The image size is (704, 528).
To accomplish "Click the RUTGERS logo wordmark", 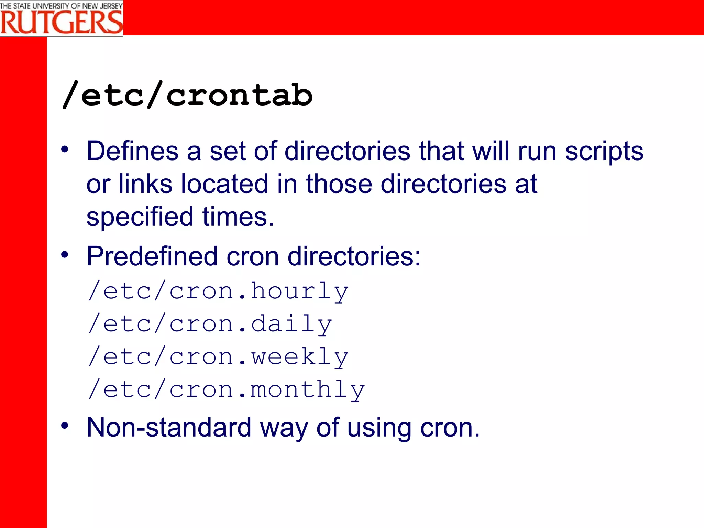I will pyautogui.click(x=61, y=22).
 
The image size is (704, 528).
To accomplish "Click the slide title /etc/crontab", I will pyautogui.click(x=187, y=95).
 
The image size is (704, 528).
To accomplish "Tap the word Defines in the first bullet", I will pyautogui.click(x=132, y=151).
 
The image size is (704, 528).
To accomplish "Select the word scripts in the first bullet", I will pyautogui.click(x=604, y=151).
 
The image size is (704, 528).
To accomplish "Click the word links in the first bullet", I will pyautogui.click(x=145, y=184).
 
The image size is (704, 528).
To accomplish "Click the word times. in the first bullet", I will pyautogui.click(x=238, y=217).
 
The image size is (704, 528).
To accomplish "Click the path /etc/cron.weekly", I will pyautogui.click(x=219, y=357).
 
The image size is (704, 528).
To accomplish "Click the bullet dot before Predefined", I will pyautogui.click(x=65, y=255).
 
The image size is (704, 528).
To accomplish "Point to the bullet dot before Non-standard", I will pyautogui.click(x=65, y=426).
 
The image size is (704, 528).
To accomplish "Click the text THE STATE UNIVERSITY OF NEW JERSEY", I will pyautogui.click(x=61, y=5).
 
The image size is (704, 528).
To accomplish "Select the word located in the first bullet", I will pyautogui.click(x=224, y=184).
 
